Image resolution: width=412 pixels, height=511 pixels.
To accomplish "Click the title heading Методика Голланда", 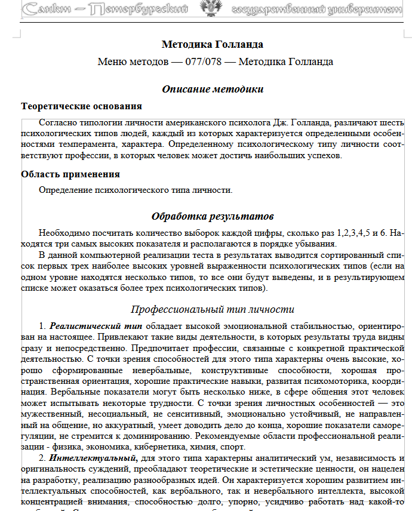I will (212, 45).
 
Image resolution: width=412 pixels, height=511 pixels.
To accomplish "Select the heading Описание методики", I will (213, 89).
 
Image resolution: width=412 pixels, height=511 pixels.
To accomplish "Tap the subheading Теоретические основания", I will (81, 106).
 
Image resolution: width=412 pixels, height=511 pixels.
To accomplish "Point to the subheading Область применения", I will (70, 174).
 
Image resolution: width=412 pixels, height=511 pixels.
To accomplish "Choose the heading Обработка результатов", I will (213, 216).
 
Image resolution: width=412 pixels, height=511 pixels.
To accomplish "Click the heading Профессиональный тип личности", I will (212, 309).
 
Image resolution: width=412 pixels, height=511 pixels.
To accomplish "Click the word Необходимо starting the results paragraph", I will (63, 233).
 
